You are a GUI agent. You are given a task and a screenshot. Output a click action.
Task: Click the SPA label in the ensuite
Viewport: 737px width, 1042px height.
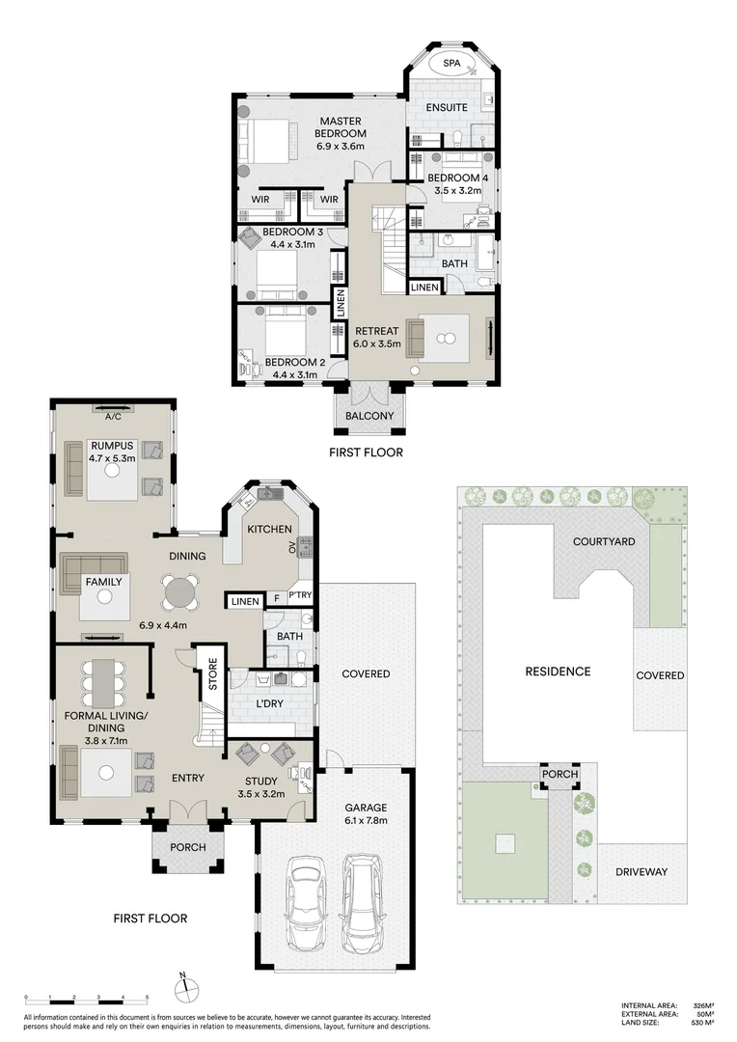451,64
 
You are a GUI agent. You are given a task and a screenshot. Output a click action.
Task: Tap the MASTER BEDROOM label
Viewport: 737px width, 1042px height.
341,127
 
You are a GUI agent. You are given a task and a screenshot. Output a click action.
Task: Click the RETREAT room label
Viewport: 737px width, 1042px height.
376,331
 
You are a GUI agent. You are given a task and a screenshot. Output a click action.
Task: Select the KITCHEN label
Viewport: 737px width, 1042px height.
269,530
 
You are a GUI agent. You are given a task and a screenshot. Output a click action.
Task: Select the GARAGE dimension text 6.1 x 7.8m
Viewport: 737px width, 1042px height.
366,820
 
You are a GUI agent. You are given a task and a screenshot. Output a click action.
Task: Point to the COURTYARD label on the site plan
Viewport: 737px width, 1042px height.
604,541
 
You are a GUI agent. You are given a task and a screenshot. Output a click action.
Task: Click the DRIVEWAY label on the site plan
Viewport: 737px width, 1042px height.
641,871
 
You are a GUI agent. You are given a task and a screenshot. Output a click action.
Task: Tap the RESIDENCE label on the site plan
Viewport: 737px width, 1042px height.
557,672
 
